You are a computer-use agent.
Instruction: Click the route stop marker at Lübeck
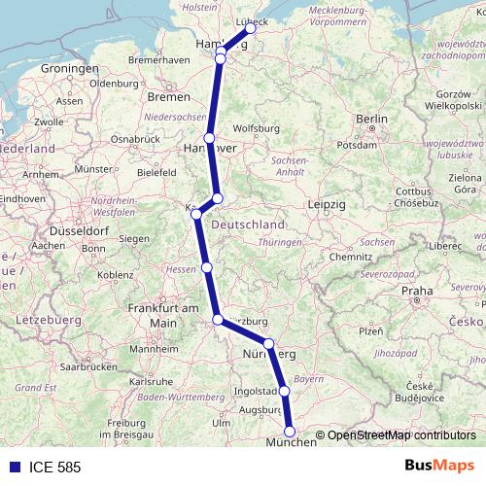coord(251,28)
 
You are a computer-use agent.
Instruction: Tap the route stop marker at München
coord(289,431)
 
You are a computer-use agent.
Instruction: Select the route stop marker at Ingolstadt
coord(285,392)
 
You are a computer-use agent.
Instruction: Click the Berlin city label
coord(372,119)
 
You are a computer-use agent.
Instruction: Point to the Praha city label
coord(418,291)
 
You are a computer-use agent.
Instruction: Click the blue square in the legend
coord(11,468)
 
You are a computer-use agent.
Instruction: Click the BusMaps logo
coord(438,467)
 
